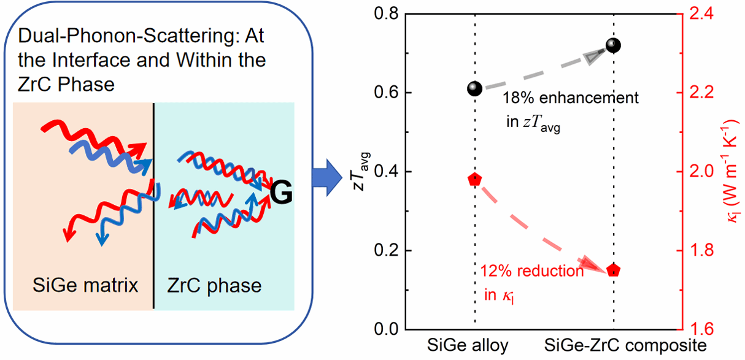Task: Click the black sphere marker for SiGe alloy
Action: (x=474, y=89)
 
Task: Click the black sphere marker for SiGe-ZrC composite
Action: (x=613, y=45)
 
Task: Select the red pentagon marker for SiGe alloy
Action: (x=474, y=180)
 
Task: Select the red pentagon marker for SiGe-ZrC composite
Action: (x=614, y=270)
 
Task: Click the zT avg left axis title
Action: (x=363, y=172)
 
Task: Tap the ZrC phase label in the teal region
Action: (x=215, y=286)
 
